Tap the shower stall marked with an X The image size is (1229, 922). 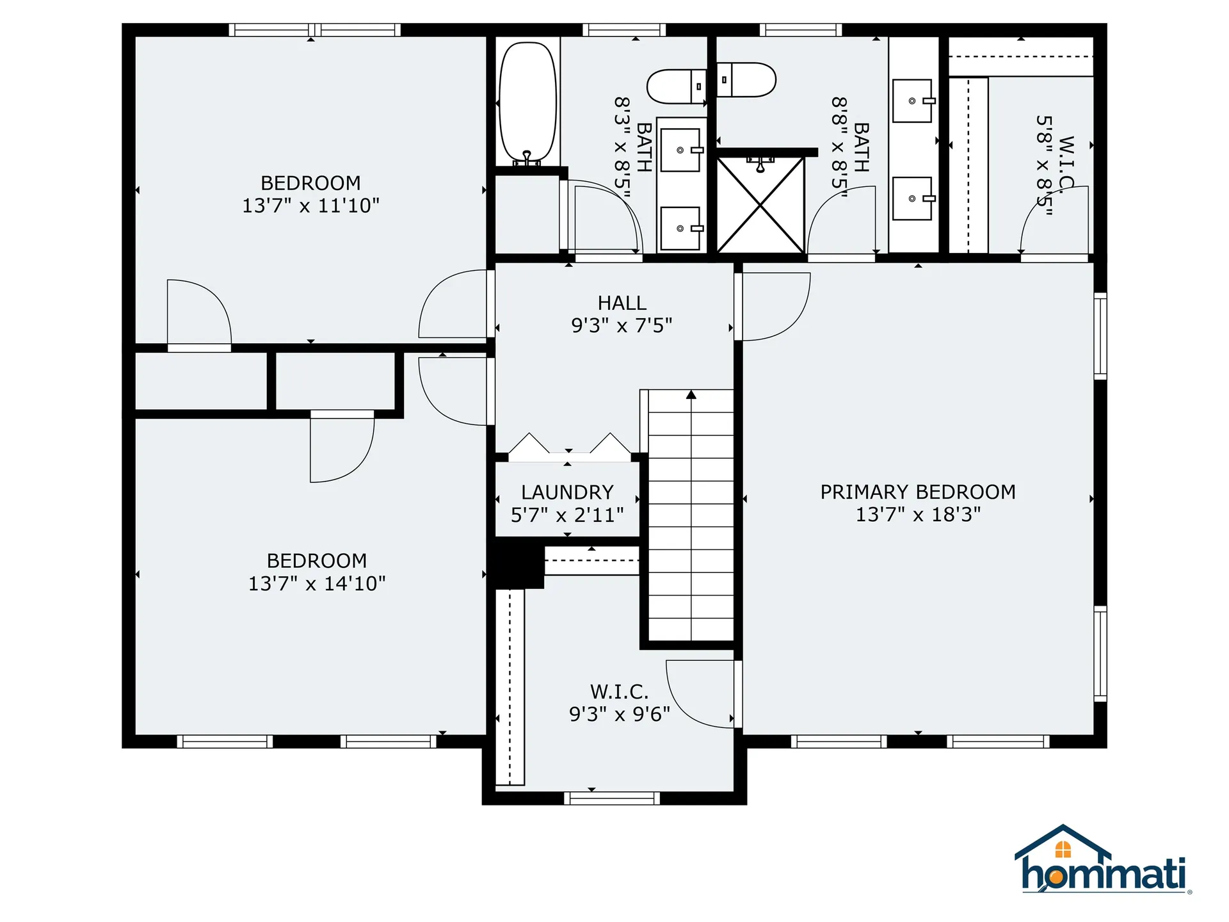pyautogui.click(x=760, y=205)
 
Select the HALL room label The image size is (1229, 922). pyautogui.click(x=622, y=303)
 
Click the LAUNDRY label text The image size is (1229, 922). pyautogui.click(x=567, y=492)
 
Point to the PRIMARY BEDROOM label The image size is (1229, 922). pyautogui.click(x=918, y=492)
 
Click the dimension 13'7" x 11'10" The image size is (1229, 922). pyautogui.click(x=310, y=206)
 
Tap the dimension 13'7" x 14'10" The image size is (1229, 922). pyautogui.click(x=317, y=583)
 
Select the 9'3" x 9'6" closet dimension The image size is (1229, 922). pyautogui.click(x=619, y=714)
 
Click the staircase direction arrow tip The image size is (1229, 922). pyautogui.click(x=691, y=394)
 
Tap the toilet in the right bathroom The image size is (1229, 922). pyautogui.click(x=746, y=80)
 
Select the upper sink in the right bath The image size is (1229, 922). pyautogui.click(x=913, y=101)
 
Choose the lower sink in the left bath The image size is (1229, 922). pyautogui.click(x=680, y=228)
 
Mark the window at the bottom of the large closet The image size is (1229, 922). pyautogui.click(x=611, y=798)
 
